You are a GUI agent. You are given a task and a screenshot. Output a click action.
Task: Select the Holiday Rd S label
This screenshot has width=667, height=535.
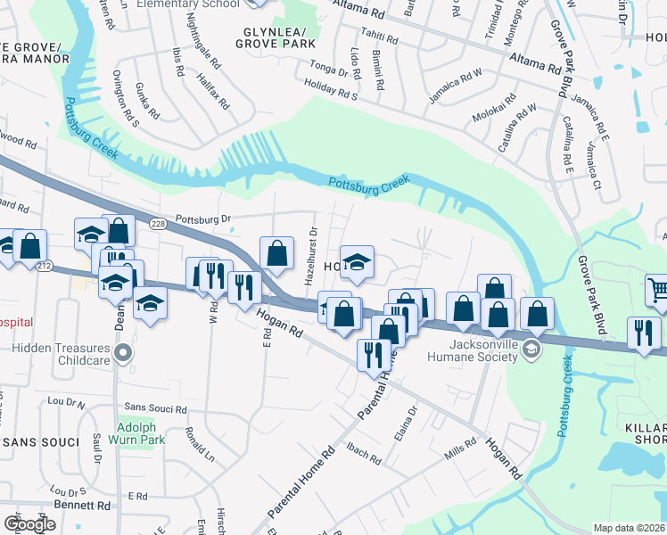point(330,91)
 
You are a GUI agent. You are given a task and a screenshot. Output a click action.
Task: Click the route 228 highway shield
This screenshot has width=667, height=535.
point(159,224)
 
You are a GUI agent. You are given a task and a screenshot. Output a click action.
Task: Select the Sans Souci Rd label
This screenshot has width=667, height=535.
point(155,409)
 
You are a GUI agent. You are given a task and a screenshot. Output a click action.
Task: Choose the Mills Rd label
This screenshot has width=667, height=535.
point(460,449)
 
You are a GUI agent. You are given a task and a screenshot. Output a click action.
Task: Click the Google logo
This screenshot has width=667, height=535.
point(29,524)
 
